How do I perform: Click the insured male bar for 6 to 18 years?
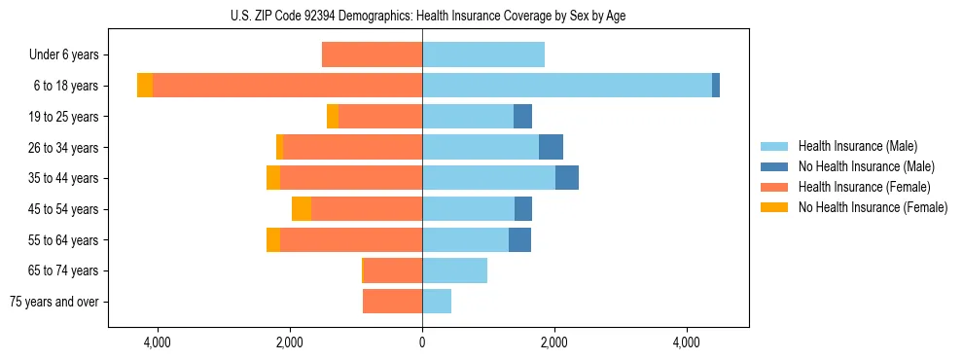(x=567, y=86)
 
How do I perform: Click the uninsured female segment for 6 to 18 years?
(x=145, y=86)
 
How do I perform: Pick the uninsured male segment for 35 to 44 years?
(x=567, y=178)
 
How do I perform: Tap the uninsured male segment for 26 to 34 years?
(x=551, y=147)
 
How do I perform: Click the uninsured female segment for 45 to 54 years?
(x=302, y=209)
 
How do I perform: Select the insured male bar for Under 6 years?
(x=483, y=54)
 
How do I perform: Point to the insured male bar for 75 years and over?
(x=437, y=302)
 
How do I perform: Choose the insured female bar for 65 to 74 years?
(x=393, y=270)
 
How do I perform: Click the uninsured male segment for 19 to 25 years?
(x=523, y=117)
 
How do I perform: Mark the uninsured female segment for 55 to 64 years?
(x=273, y=239)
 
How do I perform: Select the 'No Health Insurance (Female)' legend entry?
(x=873, y=207)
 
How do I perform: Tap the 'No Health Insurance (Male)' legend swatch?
(x=775, y=166)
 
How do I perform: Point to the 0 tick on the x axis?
(x=422, y=342)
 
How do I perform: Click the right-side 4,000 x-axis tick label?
(x=686, y=342)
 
